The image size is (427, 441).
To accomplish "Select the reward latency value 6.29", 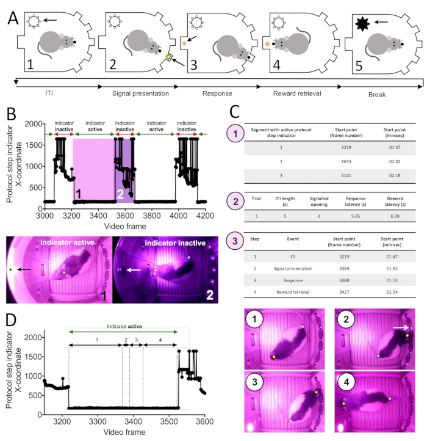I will point(393,216).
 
